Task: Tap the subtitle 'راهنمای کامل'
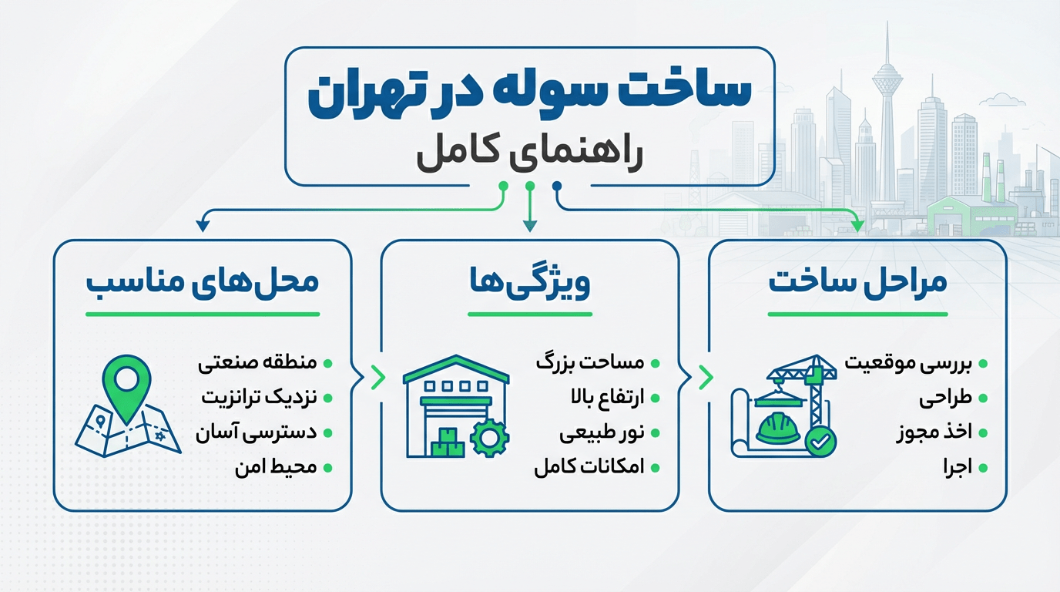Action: (x=529, y=152)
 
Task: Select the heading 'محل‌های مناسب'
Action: (x=202, y=281)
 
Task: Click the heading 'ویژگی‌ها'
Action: (x=529, y=282)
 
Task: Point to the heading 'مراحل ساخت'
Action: (x=857, y=281)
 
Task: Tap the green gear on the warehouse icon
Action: (x=489, y=438)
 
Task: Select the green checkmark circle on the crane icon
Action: (x=820, y=441)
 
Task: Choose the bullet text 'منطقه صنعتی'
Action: (x=257, y=363)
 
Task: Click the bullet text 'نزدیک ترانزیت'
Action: (x=259, y=398)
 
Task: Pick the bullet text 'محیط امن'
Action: (x=276, y=467)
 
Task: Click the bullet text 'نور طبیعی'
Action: (x=601, y=433)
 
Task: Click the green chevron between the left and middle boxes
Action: (x=377, y=377)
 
